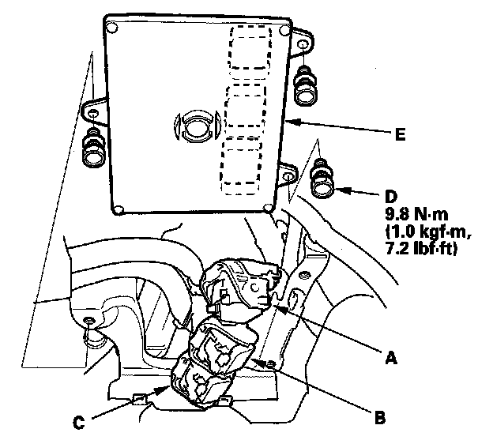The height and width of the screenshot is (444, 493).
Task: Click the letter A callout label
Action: pos(389,358)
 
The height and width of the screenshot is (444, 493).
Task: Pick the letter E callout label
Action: pos(400,135)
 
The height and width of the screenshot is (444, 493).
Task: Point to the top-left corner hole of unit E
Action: pos(112,28)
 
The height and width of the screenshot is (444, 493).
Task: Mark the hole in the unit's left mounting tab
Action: pos(94,115)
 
